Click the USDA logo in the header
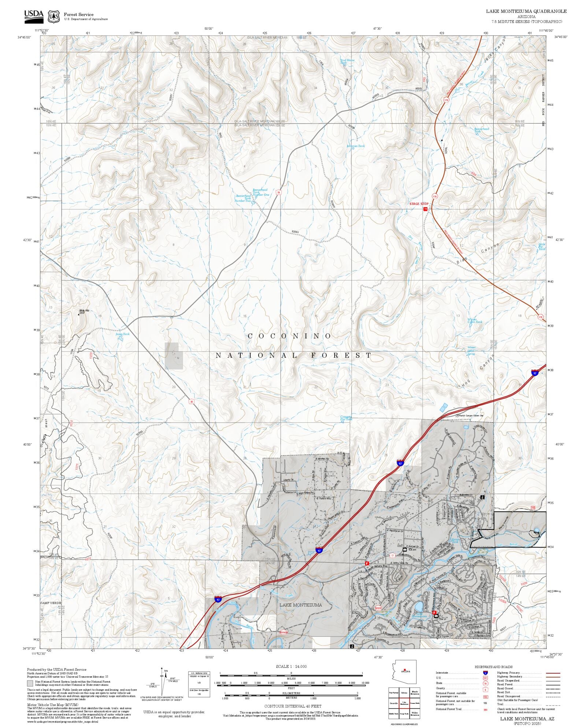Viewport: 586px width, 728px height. click(x=34, y=15)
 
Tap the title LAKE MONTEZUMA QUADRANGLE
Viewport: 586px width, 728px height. click(x=526, y=11)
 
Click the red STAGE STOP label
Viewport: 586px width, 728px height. click(x=418, y=204)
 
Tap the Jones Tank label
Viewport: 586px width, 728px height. click(x=122, y=334)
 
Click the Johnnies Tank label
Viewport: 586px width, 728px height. click(x=356, y=146)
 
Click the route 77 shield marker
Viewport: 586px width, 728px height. click(x=393, y=555)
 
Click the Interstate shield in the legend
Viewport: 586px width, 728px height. click(x=485, y=673)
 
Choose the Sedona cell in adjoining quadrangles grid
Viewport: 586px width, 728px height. click(x=404, y=693)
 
